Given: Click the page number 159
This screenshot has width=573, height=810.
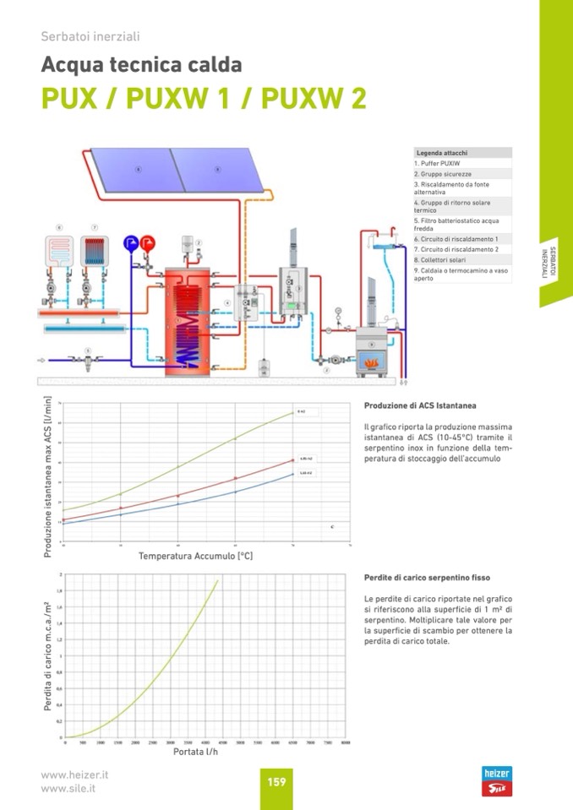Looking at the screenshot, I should (276, 781).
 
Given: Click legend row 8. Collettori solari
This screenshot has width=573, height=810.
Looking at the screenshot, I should (440, 259).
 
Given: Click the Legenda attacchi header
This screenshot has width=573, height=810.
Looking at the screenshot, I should (442, 153).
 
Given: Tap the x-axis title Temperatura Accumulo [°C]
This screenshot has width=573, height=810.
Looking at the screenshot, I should (196, 557).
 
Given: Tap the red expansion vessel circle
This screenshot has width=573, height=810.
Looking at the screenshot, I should (149, 242).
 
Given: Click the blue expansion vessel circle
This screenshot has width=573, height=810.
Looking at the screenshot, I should (131, 242).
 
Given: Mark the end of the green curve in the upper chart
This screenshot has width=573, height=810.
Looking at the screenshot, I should (292, 412).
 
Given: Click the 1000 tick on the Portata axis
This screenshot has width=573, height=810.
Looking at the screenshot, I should (100, 742).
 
